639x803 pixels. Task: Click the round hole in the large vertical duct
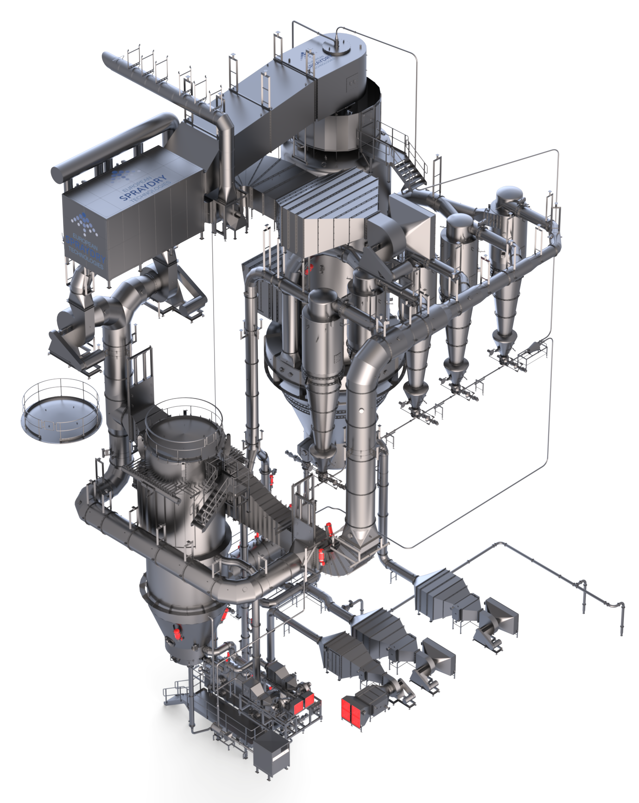coord(360,411)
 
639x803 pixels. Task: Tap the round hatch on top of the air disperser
coord(335,47)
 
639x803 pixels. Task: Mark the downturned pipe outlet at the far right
coord(621,621)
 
